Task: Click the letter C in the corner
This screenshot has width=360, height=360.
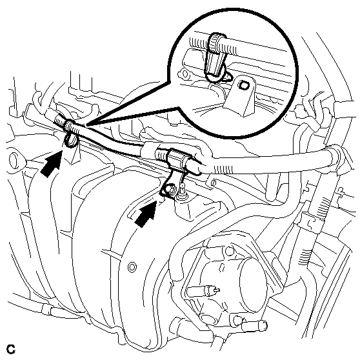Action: [11, 349]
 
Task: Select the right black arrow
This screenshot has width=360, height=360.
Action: [146, 214]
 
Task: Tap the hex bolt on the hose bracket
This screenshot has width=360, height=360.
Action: [170, 190]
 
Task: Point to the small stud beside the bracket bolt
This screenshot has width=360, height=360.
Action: [182, 188]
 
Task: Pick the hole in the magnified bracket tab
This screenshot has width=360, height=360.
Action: [243, 85]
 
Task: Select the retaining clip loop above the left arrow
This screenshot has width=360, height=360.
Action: [71, 141]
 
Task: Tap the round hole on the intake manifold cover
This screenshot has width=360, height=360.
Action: [132, 267]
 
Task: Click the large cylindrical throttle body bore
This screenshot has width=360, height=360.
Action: [253, 285]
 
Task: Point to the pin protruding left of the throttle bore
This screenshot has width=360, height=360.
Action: [203, 291]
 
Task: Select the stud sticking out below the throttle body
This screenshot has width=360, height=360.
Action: [254, 325]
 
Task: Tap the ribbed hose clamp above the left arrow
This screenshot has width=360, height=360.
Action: [68, 126]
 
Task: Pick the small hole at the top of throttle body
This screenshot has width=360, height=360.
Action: [230, 251]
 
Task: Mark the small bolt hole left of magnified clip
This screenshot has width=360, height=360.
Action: [185, 74]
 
